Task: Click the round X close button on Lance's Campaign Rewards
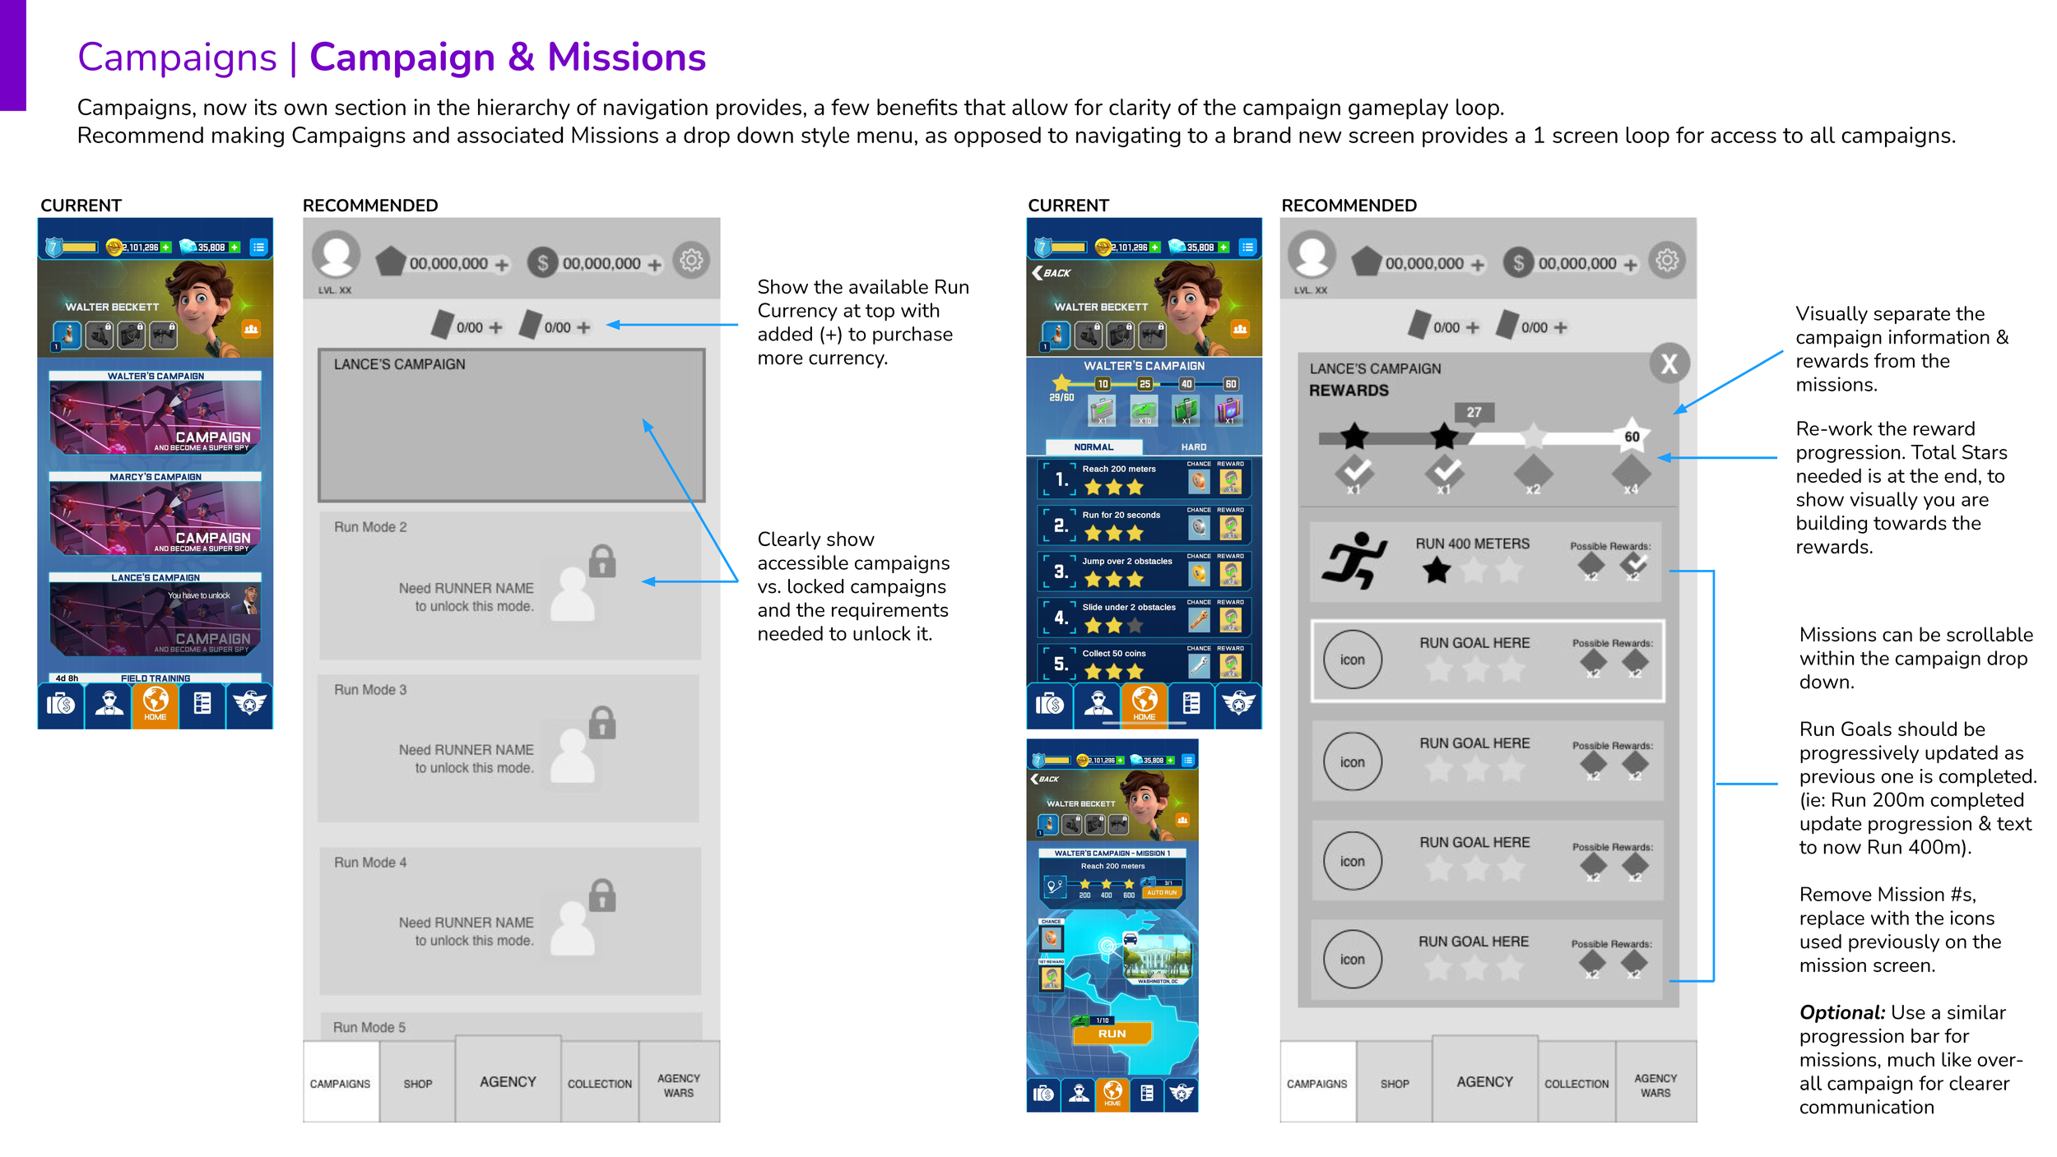tap(1668, 363)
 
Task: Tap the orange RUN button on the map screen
tap(1112, 1033)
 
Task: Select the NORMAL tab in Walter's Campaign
tap(1094, 447)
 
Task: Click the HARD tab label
tap(1193, 447)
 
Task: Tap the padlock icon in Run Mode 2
tap(602, 561)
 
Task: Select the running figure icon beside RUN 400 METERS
tap(1354, 560)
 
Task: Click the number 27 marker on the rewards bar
tap(1473, 412)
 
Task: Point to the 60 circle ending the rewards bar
tap(1631, 437)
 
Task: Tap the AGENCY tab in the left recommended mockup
tap(508, 1081)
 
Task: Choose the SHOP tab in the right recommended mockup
tap(1395, 1084)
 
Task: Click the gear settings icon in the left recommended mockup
tap(691, 261)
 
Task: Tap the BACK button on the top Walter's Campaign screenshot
tap(1052, 273)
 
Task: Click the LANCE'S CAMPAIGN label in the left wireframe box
tap(399, 364)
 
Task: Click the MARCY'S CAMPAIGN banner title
tap(156, 477)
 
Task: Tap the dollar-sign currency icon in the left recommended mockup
tap(542, 263)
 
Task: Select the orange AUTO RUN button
tap(1162, 892)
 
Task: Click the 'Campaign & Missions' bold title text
tap(508, 58)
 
